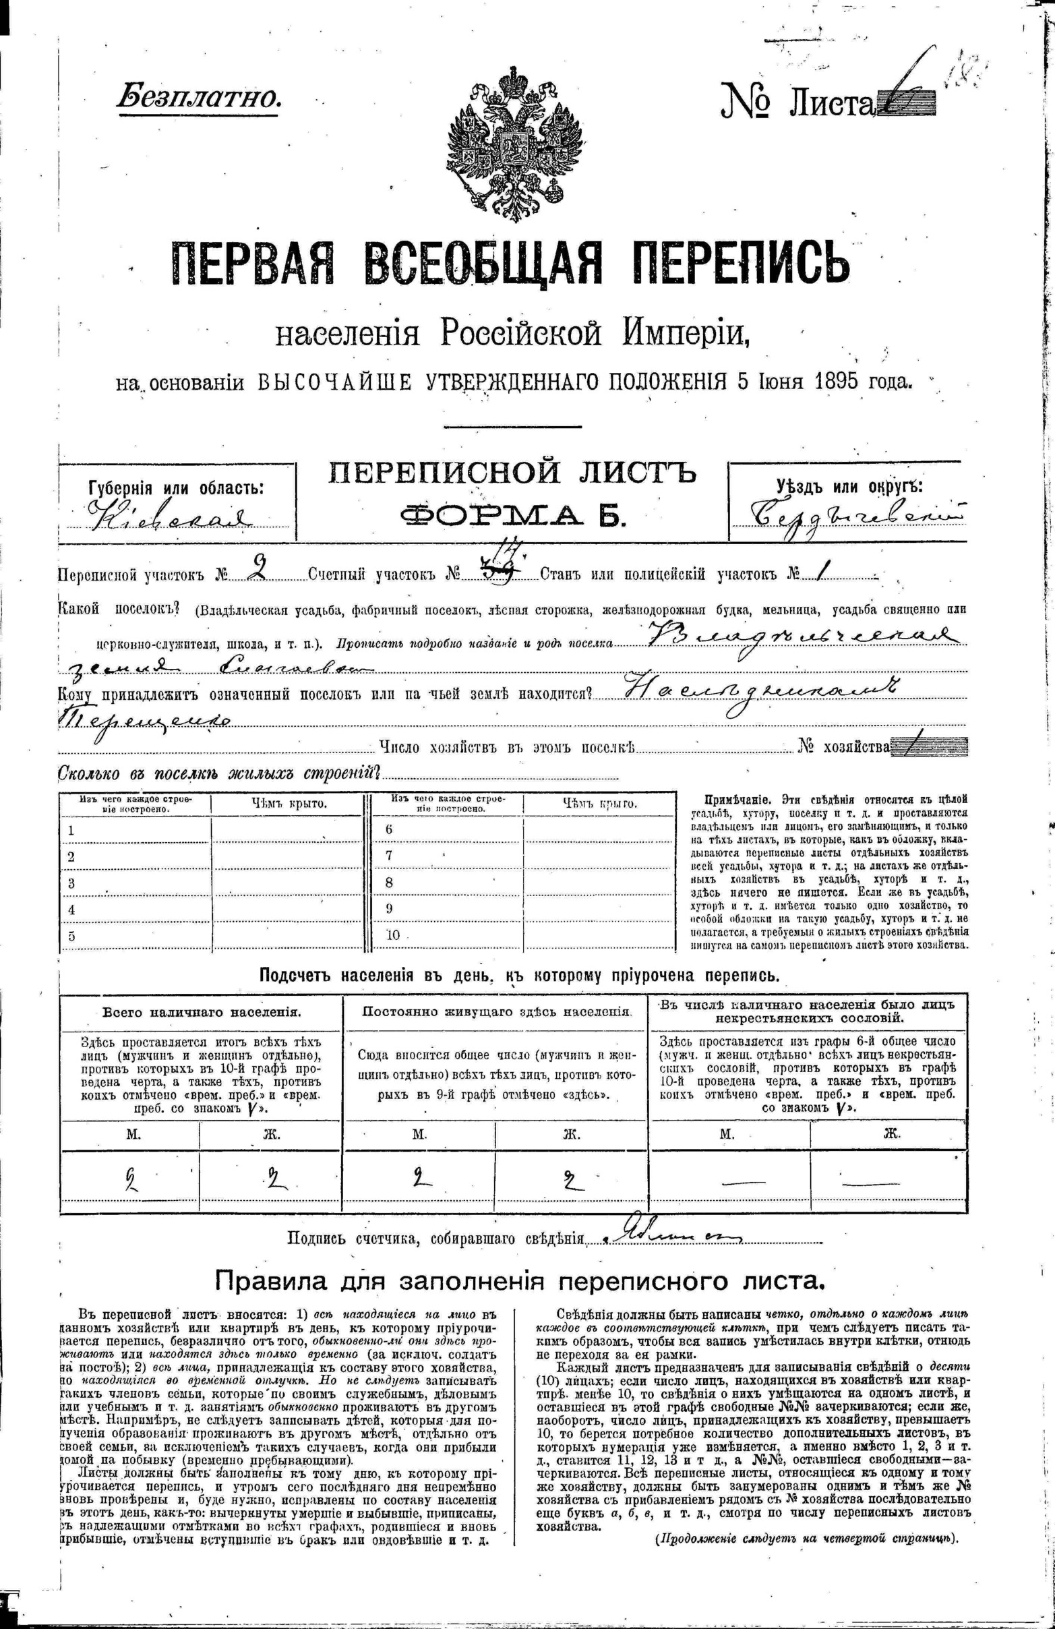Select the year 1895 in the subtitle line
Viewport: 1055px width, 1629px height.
pyautogui.click(x=839, y=380)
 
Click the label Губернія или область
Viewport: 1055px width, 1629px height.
pyautogui.click(x=177, y=488)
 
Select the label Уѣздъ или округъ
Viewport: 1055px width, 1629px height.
pyautogui.click(x=849, y=487)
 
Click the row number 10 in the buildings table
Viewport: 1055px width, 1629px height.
pyautogui.click(x=393, y=935)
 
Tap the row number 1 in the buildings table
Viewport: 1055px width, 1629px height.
pyautogui.click(x=71, y=830)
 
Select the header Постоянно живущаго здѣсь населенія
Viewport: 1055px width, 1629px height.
pyautogui.click(x=495, y=1011)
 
